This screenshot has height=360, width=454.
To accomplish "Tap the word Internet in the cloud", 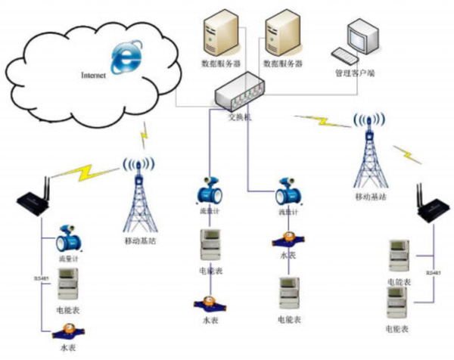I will coord(95,76).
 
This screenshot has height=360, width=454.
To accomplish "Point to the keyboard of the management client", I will coord(344,57).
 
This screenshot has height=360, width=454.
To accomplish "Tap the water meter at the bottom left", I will coord(68,331).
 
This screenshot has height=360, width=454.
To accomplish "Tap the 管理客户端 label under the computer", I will coord(355,74).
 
